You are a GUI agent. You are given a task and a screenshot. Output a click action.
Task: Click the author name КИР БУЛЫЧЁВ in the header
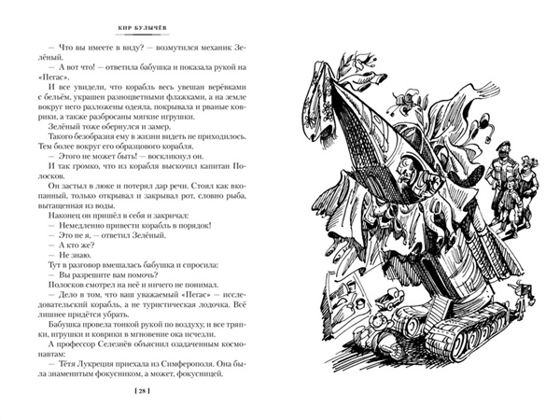[x=143, y=28]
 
